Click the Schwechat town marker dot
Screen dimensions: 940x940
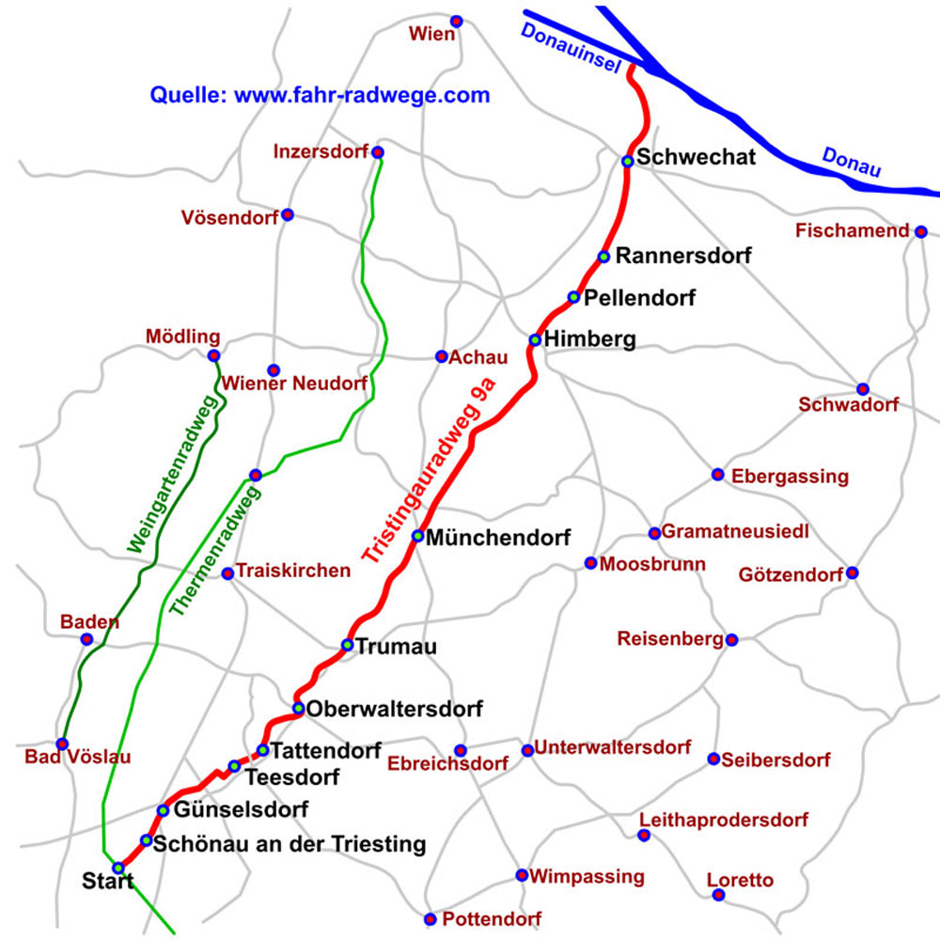click(x=627, y=161)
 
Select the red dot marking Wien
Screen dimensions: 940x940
click(x=457, y=21)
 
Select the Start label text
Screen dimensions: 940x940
click(x=107, y=882)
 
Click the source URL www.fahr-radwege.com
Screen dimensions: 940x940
click(x=362, y=95)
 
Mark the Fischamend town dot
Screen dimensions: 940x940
click(x=921, y=231)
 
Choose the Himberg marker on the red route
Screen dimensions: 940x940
click(x=535, y=339)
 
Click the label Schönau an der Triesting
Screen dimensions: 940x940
click(x=289, y=844)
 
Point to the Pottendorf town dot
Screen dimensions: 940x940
click(x=430, y=918)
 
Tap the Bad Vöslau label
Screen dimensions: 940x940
click(x=78, y=757)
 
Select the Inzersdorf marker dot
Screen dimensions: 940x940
click(x=378, y=152)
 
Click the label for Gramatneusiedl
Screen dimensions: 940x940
click(x=735, y=532)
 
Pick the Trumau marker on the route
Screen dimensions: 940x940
click(x=348, y=645)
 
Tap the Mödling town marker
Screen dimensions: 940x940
click(x=213, y=355)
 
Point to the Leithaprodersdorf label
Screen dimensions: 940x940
click(x=723, y=821)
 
